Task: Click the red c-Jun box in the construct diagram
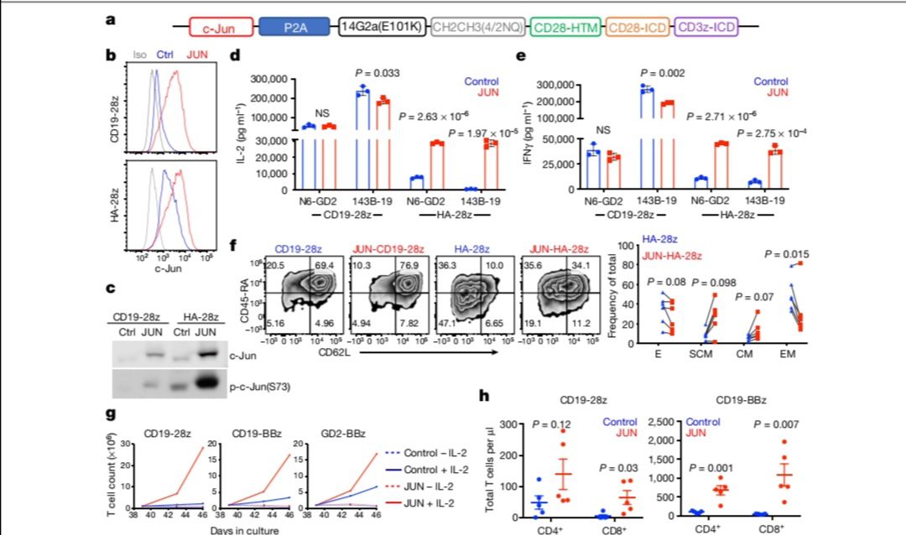point(223,28)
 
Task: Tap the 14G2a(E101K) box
point(382,28)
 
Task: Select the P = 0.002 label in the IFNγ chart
point(663,72)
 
